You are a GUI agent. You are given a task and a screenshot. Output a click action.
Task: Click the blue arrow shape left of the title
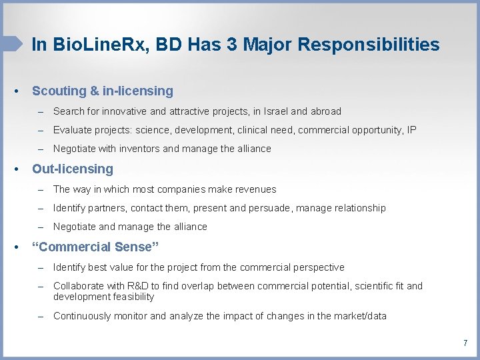11,44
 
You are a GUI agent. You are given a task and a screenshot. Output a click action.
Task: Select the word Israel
276,111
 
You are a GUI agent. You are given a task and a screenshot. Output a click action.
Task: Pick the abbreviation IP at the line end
411,130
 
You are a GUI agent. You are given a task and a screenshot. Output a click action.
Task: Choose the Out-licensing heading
73,169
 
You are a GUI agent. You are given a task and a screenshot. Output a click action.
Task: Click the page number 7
465,343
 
